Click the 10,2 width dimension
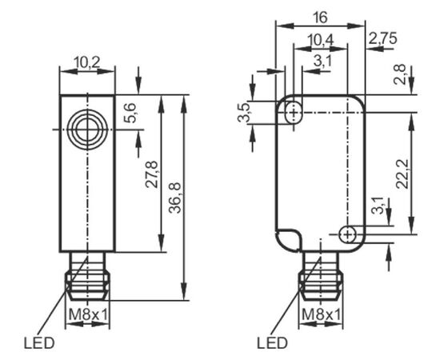click(87, 63)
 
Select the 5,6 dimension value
click(130, 113)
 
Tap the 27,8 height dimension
click(153, 174)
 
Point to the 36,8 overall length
click(176, 198)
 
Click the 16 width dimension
click(321, 18)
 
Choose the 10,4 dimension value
click(321, 40)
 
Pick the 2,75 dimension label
click(382, 38)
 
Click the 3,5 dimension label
click(244, 113)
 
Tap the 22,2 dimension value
click(403, 174)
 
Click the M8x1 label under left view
click(88, 315)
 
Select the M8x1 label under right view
click(321, 315)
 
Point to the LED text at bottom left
click(39, 343)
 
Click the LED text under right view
click(272, 343)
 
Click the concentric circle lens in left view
click(87, 130)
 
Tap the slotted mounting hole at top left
click(294, 113)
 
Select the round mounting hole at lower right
click(348, 234)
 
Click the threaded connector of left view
click(87, 276)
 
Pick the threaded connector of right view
click(321, 276)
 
